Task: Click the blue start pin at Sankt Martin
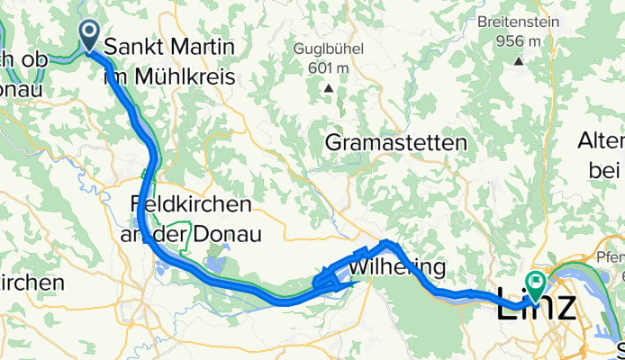(91, 33)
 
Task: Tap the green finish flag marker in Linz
(535, 284)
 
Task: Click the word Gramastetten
(396, 142)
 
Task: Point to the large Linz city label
(537, 306)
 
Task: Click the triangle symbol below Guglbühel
(329, 87)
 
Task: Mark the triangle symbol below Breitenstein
(520, 61)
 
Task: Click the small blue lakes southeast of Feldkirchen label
(216, 264)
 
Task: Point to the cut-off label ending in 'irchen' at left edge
(32, 282)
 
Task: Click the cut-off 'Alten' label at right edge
(602, 142)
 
